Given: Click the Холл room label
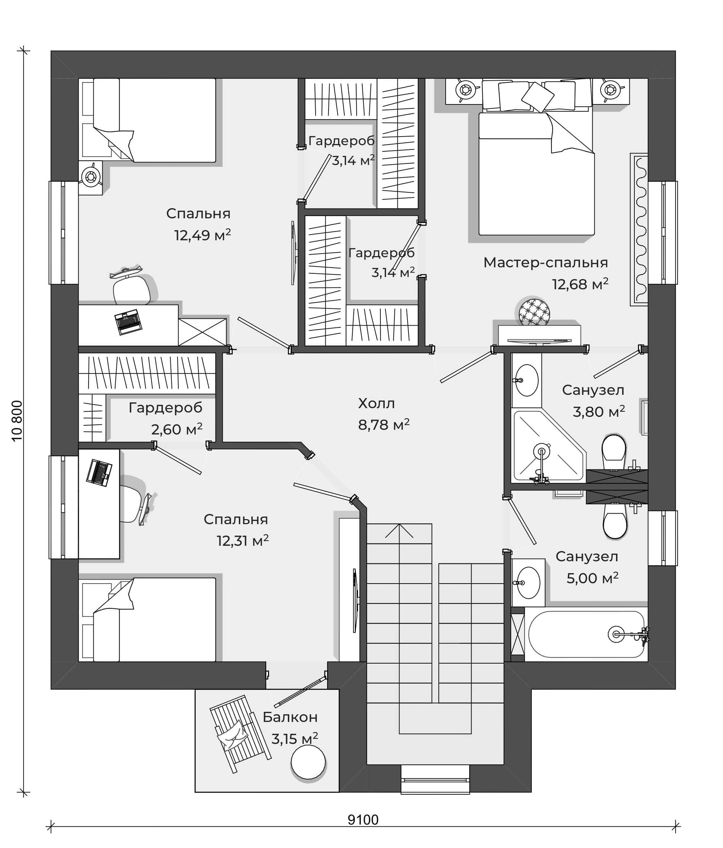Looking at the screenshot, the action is tap(376, 403).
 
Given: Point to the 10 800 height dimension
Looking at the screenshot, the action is tap(17, 420).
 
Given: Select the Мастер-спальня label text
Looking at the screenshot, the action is tap(545, 262).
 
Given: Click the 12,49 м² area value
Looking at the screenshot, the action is tap(202, 235).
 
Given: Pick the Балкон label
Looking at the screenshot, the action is tap(290, 717).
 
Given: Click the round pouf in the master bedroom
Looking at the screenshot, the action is tap(534, 313).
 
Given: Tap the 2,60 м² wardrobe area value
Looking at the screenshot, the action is tap(177, 429).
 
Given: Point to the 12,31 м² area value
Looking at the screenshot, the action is tap(243, 540).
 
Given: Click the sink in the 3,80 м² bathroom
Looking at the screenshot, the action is tap(526, 380).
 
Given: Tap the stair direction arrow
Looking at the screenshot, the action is tap(399, 531).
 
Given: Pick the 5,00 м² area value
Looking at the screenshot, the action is tap(592, 577).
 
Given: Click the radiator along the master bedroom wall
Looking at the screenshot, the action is tap(639, 229).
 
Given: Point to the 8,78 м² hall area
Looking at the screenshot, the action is tap(383, 424).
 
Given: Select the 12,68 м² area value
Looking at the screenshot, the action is tap(580, 284).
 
